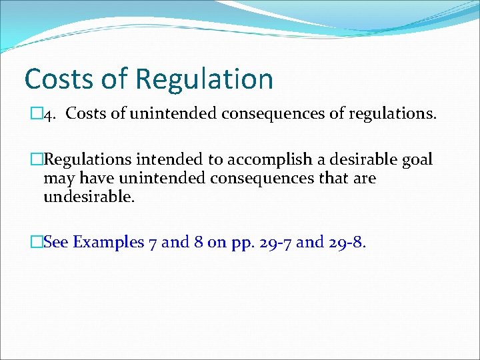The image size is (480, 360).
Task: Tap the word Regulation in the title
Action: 204,79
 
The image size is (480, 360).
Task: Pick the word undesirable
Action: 88,197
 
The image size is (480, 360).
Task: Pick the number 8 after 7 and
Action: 197,242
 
